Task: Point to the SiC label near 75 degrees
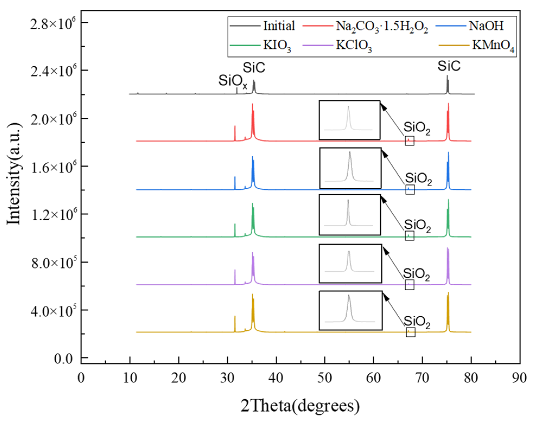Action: tap(449, 66)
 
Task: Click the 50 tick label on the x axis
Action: tap(325, 378)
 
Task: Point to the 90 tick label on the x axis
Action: tap(519, 378)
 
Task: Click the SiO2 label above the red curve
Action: tap(417, 128)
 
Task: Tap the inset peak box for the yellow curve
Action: tap(350, 310)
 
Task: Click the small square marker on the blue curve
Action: tap(410, 190)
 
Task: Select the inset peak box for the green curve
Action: tap(350, 215)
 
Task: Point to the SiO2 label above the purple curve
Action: tap(416, 274)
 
